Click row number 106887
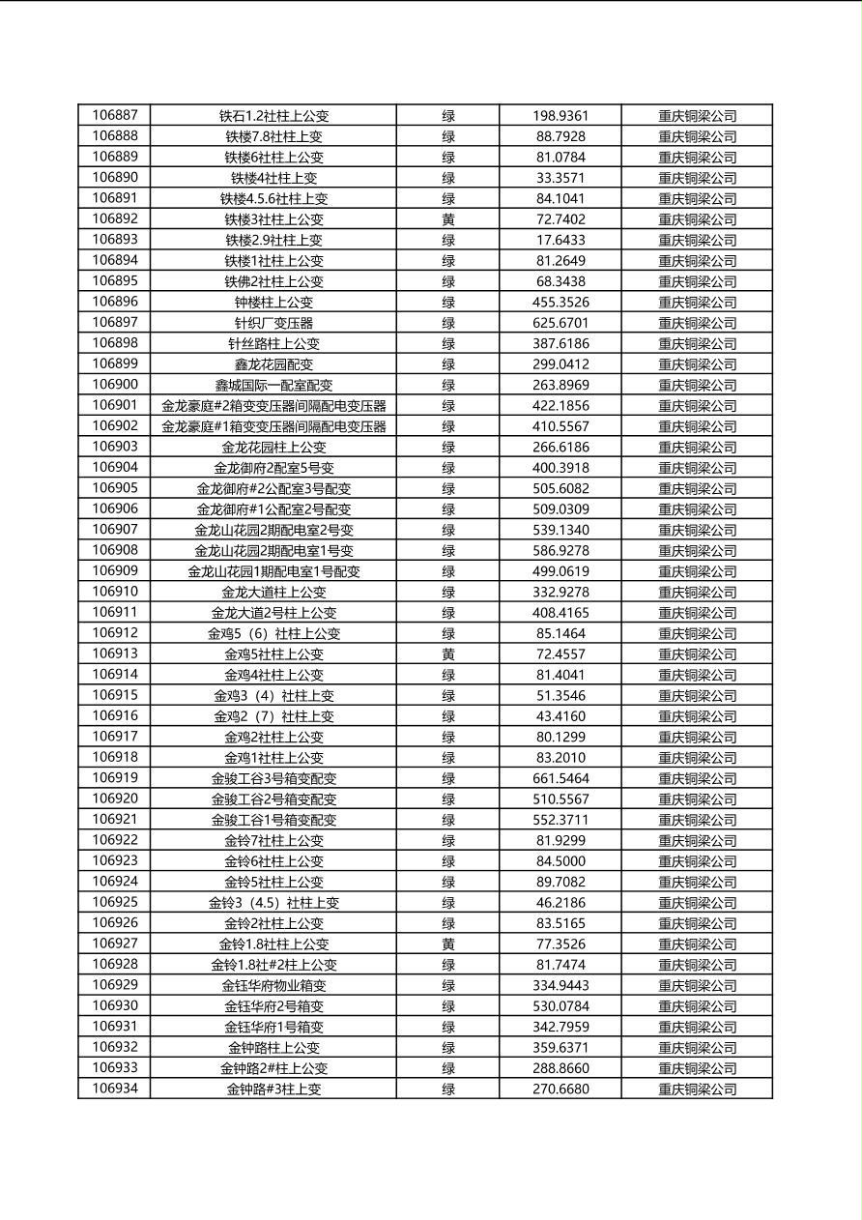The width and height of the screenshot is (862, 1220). [114, 116]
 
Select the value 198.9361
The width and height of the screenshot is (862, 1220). [560, 116]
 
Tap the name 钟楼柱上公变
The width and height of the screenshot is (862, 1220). [273, 303]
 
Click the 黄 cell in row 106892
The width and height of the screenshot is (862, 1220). [448, 219]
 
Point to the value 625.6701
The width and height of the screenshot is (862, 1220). [560, 323]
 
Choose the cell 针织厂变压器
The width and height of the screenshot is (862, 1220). [273, 323]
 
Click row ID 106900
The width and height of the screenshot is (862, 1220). [114, 385]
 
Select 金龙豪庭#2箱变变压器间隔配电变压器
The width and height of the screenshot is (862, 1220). [273, 406]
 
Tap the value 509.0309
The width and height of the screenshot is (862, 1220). [560, 509]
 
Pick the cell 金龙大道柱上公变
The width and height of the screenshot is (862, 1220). [273, 592]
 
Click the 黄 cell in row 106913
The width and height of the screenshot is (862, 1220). [448, 654]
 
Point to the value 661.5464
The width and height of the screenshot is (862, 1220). [560, 778]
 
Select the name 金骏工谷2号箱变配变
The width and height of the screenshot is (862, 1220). [273, 799]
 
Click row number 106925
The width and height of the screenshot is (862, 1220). [114, 903]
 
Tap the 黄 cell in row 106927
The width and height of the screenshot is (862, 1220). [448, 944]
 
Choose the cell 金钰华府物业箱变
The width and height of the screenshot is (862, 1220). [273, 986]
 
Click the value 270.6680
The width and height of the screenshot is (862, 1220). [560, 1089]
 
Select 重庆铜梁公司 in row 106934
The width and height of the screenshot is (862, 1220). [697, 1089]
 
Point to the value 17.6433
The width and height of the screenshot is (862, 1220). [560, 240]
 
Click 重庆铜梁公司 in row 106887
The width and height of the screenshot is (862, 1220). [697, 116]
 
